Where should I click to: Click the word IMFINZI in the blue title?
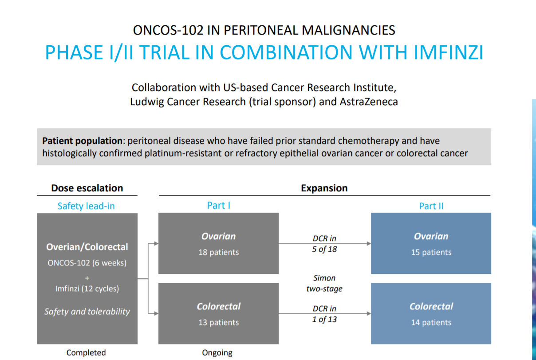pyautogui.click(x=448, y=52)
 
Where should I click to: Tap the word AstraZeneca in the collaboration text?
pyautogui.click(x=369, y=102)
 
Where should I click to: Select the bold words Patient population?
pyautogui.click(x=83, y=141)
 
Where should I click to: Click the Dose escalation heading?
pyautogui.click(x=87, y=188)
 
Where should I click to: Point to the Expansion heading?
pyautogui.click(x=324, y=188)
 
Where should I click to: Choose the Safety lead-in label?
pyautogui.click(x=86, y=206)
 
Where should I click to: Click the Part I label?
pyautogui.click(x=218, y=206)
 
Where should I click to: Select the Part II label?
pyautogui.click(x=431, y=206)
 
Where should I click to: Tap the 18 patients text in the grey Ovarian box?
pyautogui.click(x=218, y=252)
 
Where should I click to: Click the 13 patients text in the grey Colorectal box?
pyautogui.click(x=218, y=322)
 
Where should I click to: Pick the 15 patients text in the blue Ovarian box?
pyautogui.click(x=431, y=252)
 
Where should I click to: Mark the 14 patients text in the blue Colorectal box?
pyautogui.click(x=431, y=322)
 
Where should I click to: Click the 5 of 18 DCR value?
pyautogui.click(x=324, y=249)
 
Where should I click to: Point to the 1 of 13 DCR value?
pyautogui.click(x=324, y=319)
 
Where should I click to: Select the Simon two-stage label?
pyautogui.click(x=324, y=283)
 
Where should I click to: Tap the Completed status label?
pyautogui.click(x=86, y=352)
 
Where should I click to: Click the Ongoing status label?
pyautogui.click(x=217, y=353)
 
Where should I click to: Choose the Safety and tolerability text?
pyautogui.click(x=87, y=312)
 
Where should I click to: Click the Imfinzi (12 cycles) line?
pyautogui.click(x=87, y=289)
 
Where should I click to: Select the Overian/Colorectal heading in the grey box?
pyautogui.click(x=87, y=247)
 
